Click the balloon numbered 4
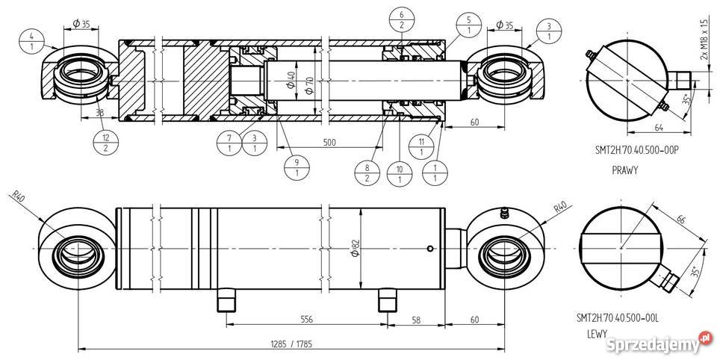31,40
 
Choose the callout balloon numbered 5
468,22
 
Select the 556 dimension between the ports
307,319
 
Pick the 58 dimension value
415,319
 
